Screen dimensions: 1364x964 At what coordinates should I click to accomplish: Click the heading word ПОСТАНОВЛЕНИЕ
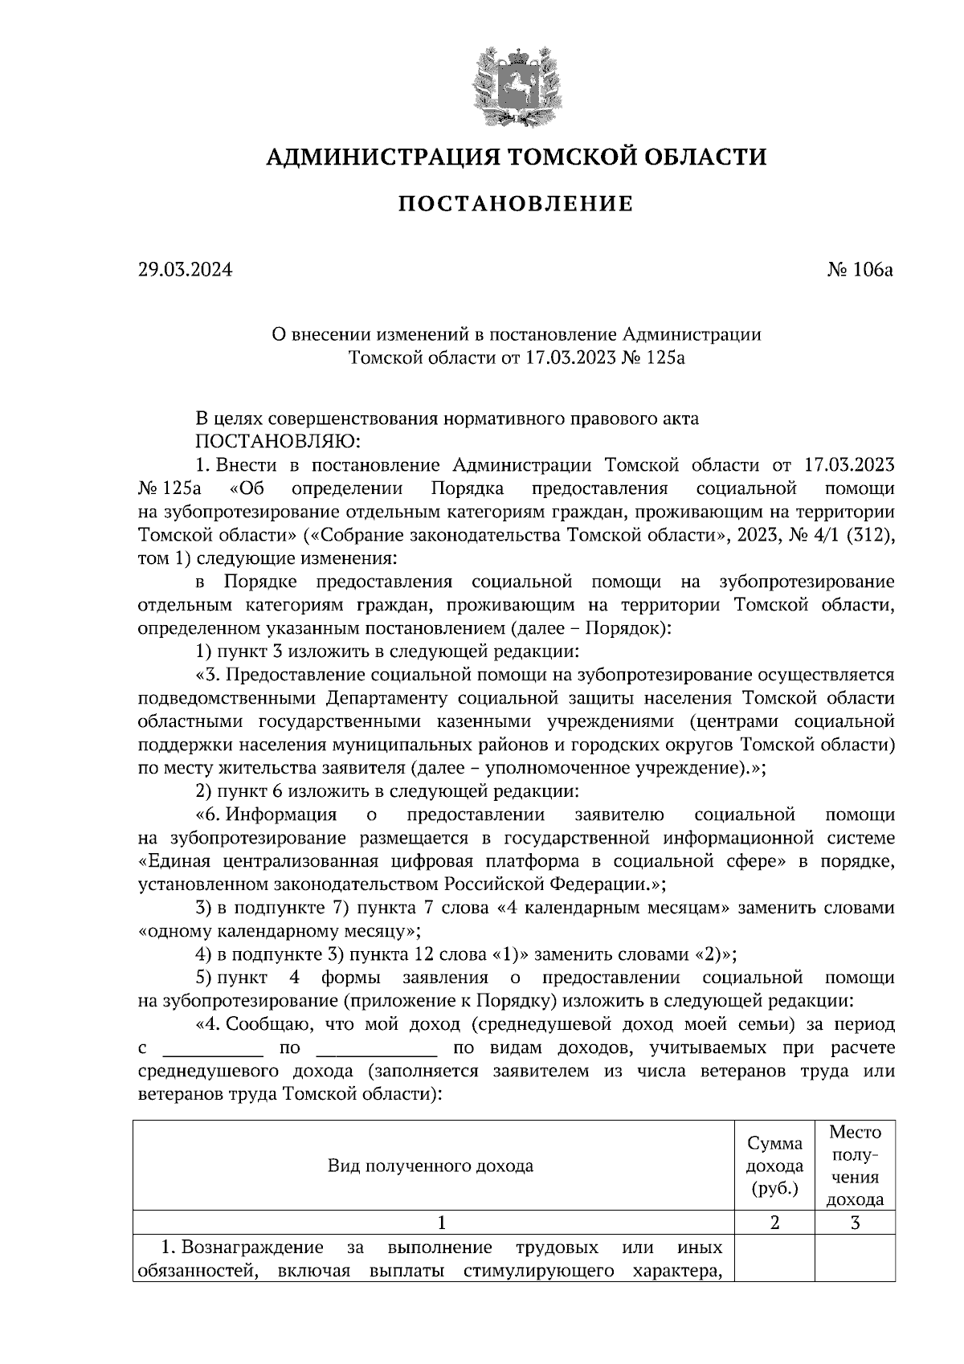pyautogui.click(x=515, y=204)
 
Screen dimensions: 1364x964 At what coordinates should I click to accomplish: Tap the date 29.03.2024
pyautogui.click(x=185, y=270)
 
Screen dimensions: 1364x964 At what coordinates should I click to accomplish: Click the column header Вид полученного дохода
pyautogui.click(x=431, y=1166)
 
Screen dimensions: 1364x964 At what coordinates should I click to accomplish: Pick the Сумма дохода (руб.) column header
pyautogui.click(x=774, y=1166)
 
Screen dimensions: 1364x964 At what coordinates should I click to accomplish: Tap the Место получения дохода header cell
pyautogui.click(x=855, y=1166)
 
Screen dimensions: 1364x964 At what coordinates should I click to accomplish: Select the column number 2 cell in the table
pyautogui.click(x=774, y=1223)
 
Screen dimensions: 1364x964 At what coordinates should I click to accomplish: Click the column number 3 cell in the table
pyautogui.click(x=855, y=1223)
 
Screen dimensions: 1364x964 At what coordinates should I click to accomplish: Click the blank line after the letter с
pyautogui.click(x=213, y=1050)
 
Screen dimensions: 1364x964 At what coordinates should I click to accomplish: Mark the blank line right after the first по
pyautogui.click(x=377, y=1050)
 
